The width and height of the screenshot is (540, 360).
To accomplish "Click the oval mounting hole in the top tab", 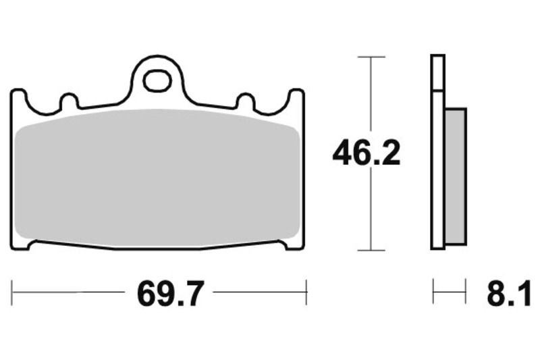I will [157, 81].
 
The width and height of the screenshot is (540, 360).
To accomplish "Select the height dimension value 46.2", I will [366, 154].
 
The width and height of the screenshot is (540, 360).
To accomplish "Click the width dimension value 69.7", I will [169, 294].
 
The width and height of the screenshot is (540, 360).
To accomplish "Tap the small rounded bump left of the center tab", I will [68, 102].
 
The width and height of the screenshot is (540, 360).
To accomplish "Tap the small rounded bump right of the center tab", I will [244, 102].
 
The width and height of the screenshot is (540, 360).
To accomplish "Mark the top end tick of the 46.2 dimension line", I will [371, 57].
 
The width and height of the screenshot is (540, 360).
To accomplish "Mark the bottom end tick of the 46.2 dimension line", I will [371, 250].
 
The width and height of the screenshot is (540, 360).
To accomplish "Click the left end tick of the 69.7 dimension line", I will [12, 293].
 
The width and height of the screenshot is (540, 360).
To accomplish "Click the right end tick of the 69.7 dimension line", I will [307, 293].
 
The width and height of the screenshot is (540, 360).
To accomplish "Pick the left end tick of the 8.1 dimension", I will [433, 293].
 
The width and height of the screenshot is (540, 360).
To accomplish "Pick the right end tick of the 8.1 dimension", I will [466, 293].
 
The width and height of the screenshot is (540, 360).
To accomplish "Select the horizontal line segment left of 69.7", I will [67, 293].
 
